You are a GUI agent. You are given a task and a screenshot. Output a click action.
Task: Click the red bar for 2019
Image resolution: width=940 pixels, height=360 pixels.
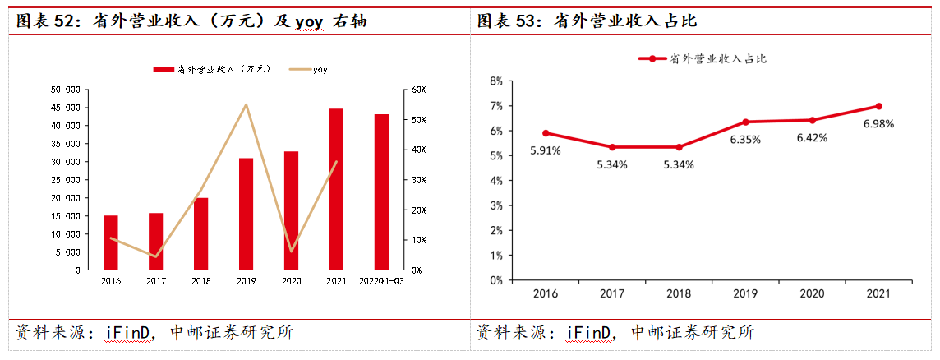pyautogui.click(x=246, y=214)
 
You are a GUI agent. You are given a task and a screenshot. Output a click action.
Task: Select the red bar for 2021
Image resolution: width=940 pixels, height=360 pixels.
pyautogui.click(x=336, y=189)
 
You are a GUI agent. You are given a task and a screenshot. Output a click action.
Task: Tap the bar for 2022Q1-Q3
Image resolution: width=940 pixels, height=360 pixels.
pyautogui.click(x=381, y=192)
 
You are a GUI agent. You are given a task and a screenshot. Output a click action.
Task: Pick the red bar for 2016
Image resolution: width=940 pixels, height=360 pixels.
pyautogui.click(x=110, y=242)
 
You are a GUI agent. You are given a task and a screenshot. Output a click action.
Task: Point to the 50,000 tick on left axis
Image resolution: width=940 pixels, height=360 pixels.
pyautogui.click(x=65, y=89)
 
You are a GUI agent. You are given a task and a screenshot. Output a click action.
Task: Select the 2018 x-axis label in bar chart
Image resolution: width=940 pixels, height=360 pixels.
pyautogui.click(x=200, y=281)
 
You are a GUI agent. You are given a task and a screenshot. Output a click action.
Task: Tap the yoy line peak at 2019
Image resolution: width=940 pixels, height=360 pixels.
pyautogui.click(x=246, y=104)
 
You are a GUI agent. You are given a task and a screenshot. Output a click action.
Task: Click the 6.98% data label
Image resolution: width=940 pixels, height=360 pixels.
pyautogui.click(x=878, y=123)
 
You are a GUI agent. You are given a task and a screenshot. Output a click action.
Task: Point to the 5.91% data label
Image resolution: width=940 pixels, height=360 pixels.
pyautogui.click(x=545, y=150)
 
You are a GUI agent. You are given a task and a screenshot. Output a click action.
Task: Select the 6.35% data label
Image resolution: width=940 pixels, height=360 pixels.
pyautogui.click(x=745, y=139)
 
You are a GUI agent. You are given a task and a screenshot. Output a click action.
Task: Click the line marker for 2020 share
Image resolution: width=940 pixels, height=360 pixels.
pyautogui.click(x=812, y=120)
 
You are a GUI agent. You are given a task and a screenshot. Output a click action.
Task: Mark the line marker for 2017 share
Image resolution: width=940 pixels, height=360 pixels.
pyautogui.click(x=612, y=147)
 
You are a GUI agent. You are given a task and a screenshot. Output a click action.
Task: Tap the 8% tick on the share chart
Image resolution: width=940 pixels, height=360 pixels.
pyautogui.click(x=495, y=81)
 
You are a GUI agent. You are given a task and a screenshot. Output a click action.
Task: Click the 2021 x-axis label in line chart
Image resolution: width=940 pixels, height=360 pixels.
pyautogui.click(x=878, y=293)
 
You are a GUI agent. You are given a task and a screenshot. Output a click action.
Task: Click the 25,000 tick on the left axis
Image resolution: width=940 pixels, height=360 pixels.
pyautogui.click(x=65, y=179)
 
